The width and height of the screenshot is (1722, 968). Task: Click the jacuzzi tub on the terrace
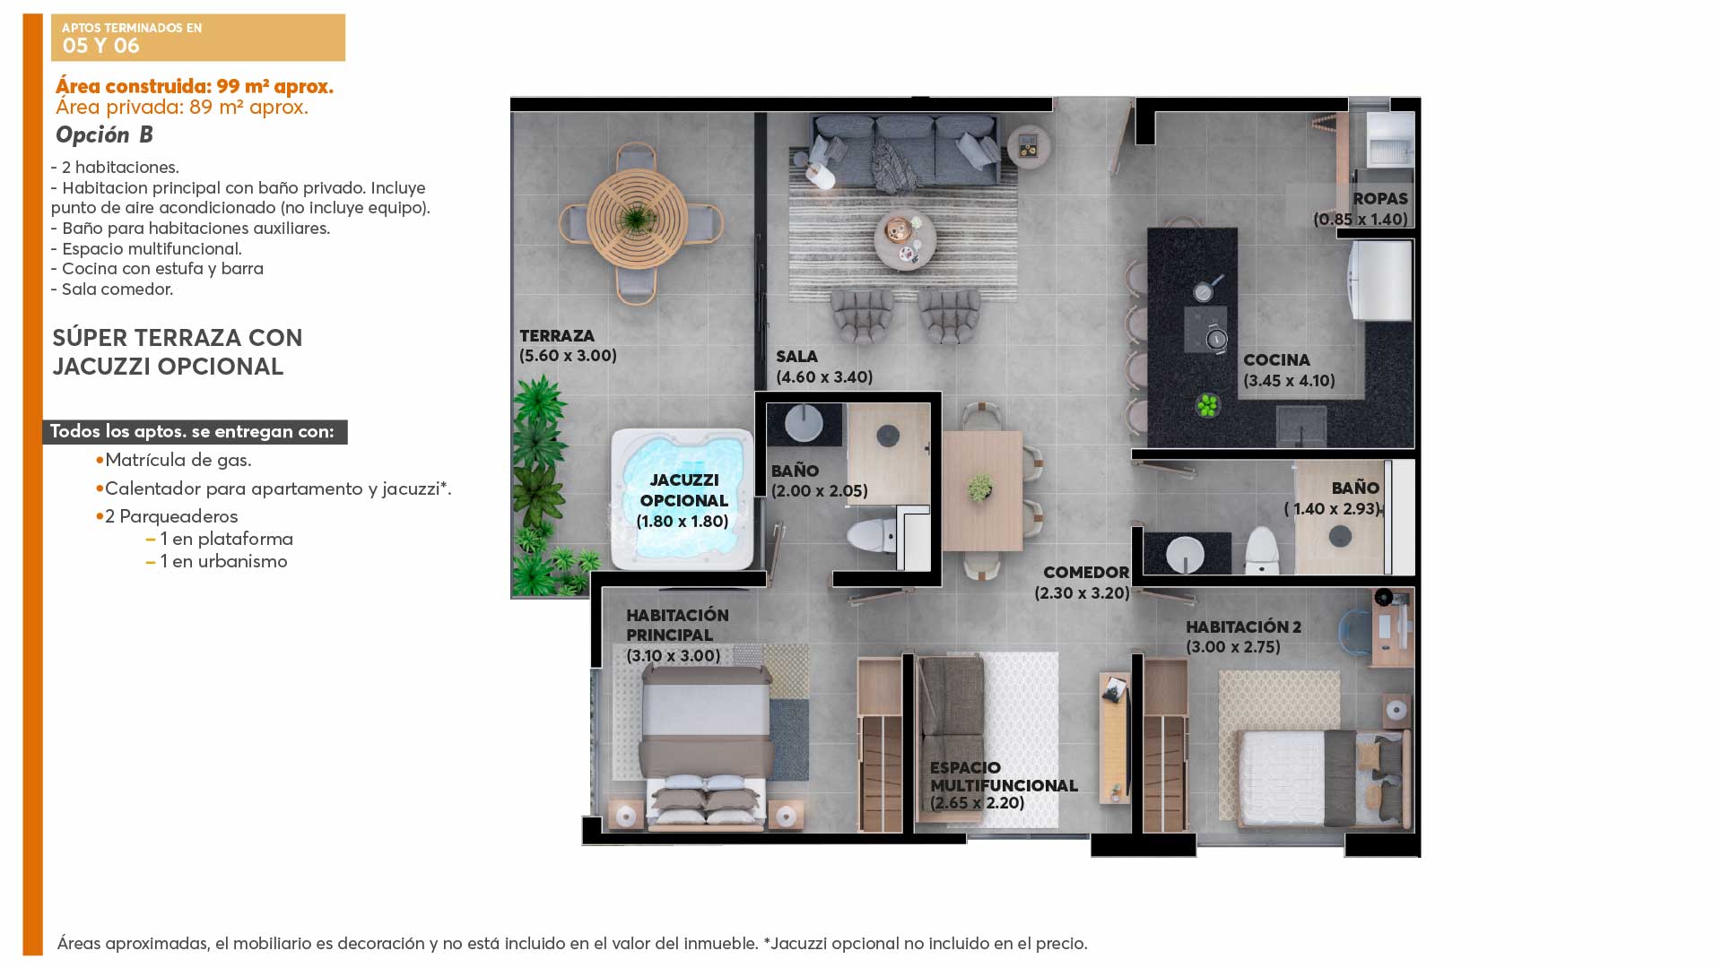click(x=682, y=499)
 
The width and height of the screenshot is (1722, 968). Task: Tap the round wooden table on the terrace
click(x=638, y=218)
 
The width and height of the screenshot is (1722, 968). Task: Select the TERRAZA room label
click(x=557, y=336)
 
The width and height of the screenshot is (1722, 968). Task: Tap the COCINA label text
click(x=1276, y=360)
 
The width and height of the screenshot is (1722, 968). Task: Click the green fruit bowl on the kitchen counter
click(x=1208, y=405)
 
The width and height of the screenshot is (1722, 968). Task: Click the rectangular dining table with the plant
click(x=982, y=490)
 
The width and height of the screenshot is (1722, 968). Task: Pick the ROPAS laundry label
click(x=1380, y=199)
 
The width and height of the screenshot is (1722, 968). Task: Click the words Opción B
click(x=104, y=135)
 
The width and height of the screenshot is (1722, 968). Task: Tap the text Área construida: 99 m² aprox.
click(x=195, y=87)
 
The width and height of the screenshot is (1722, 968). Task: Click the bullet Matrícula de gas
click(x=173, y=460)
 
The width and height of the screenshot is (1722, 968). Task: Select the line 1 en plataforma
click(x=220, y=539)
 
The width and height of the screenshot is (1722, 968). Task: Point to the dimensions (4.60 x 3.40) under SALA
click(x=824, y=377)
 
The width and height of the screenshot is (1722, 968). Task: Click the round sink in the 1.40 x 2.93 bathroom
click(x=1186, y=554)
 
